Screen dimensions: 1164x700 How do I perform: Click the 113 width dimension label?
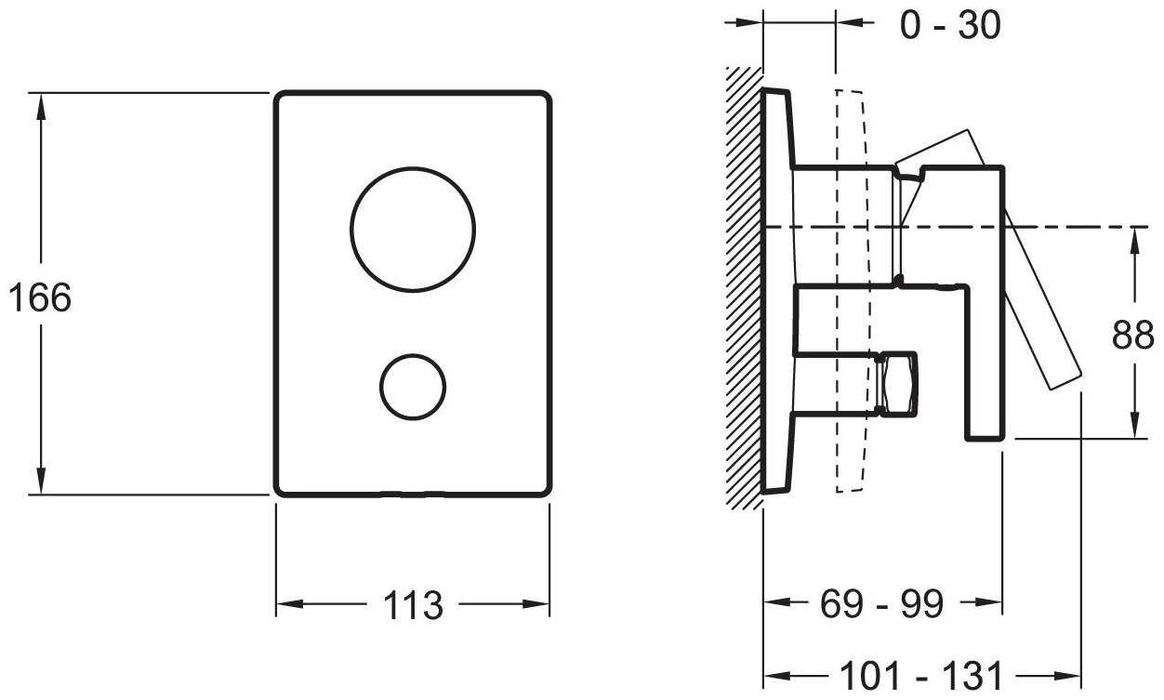pos(412,607)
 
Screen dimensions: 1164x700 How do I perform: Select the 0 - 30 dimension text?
pos(951,25)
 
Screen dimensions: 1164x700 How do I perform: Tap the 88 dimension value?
pos(1132,336)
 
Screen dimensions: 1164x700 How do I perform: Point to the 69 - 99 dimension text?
pos(881,605)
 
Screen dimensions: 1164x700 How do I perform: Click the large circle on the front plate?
pos(413,230)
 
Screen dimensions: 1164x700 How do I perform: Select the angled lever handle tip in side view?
pos(1065,376)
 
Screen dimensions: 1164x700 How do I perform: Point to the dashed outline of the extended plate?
pos(853,288)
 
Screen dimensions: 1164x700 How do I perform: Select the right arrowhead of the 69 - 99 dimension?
pos(991,604)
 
